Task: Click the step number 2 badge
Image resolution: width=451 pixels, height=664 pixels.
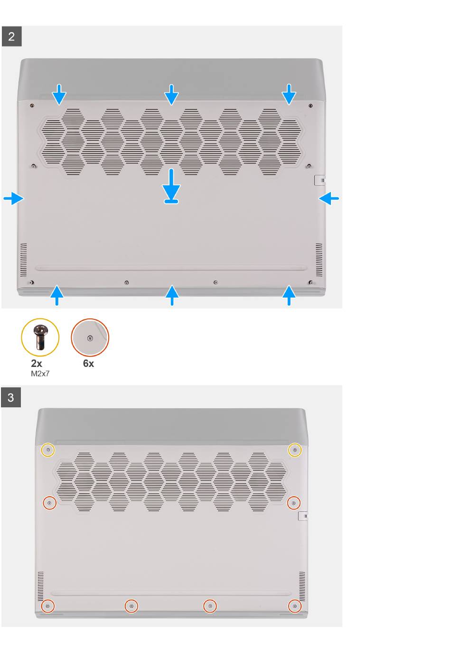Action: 11,37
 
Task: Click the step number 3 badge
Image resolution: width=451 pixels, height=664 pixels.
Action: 11,397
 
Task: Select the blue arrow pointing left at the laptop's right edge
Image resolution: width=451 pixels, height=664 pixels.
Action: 329,198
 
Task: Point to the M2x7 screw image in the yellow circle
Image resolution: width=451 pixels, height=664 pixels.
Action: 40,337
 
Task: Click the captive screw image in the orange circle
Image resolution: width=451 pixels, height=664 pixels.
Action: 90,337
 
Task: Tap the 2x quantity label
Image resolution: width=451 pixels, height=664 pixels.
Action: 37,364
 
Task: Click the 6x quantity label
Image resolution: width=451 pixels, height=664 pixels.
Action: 88,364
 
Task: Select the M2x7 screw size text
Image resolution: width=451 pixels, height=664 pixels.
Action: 40,374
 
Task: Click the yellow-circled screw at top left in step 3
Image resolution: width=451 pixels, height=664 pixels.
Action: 48,450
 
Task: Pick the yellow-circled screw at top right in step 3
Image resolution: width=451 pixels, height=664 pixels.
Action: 295,450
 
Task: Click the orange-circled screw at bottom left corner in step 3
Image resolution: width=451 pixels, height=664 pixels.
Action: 47,606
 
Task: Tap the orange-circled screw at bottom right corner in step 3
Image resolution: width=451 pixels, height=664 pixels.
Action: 294,606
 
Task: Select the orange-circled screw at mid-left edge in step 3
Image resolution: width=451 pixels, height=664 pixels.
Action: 49,503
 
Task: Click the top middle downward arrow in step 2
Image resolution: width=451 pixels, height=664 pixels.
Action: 171,95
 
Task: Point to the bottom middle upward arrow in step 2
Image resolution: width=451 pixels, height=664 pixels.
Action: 172,295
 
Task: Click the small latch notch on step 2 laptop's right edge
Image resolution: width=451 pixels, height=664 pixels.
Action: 319,180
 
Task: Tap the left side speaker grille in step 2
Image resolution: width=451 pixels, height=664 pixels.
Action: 23,260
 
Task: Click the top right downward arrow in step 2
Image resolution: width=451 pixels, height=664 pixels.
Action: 289,95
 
